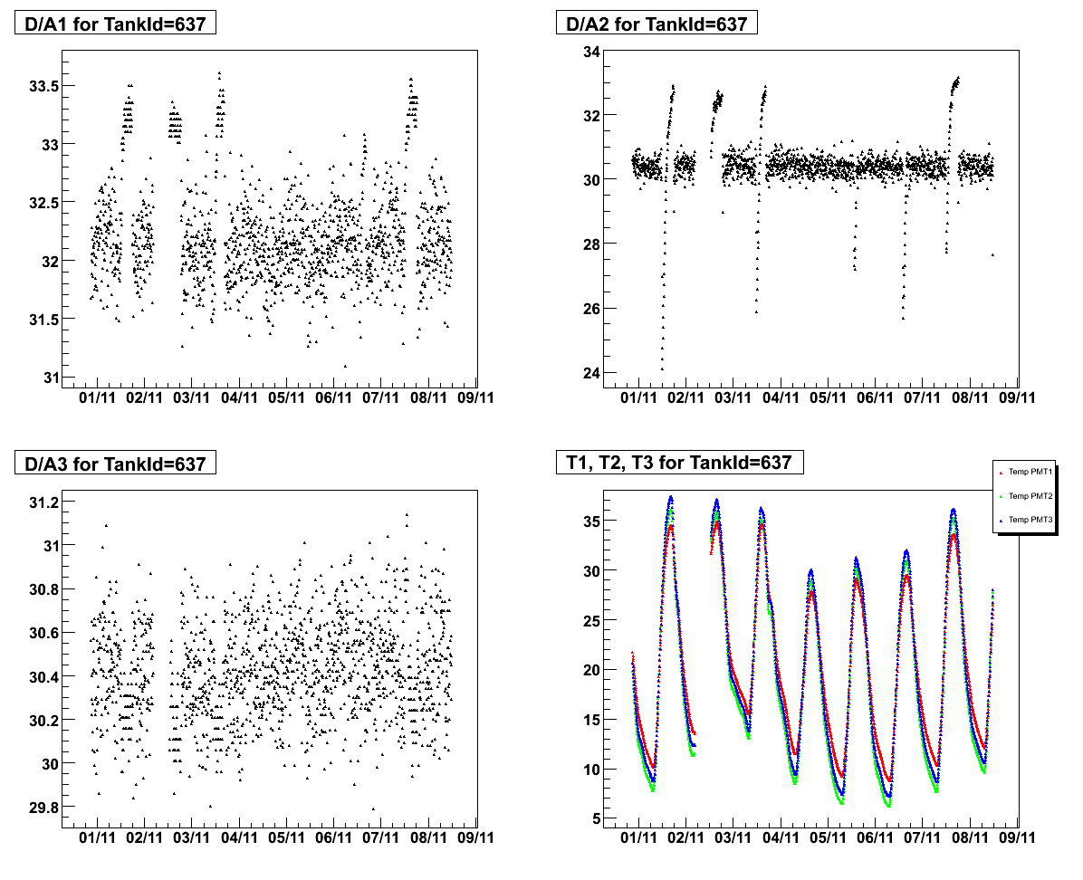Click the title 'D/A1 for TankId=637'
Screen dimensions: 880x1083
click(x=115, y=24)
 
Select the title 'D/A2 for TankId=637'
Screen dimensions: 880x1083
click(x=657, y=24)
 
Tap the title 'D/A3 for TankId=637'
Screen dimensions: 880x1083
click(x=115, y=464)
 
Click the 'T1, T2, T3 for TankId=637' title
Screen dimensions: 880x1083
click(x=674, y=463)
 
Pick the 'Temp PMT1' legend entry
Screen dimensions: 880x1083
click(x=1030, y=472)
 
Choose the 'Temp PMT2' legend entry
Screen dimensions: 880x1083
click(x=1030, y=496)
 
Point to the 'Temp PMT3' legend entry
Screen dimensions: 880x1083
click(x=1030, y=520)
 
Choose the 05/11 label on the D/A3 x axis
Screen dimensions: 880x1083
click(x=286, y=838)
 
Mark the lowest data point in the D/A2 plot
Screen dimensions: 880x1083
click(x=662, y=368)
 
